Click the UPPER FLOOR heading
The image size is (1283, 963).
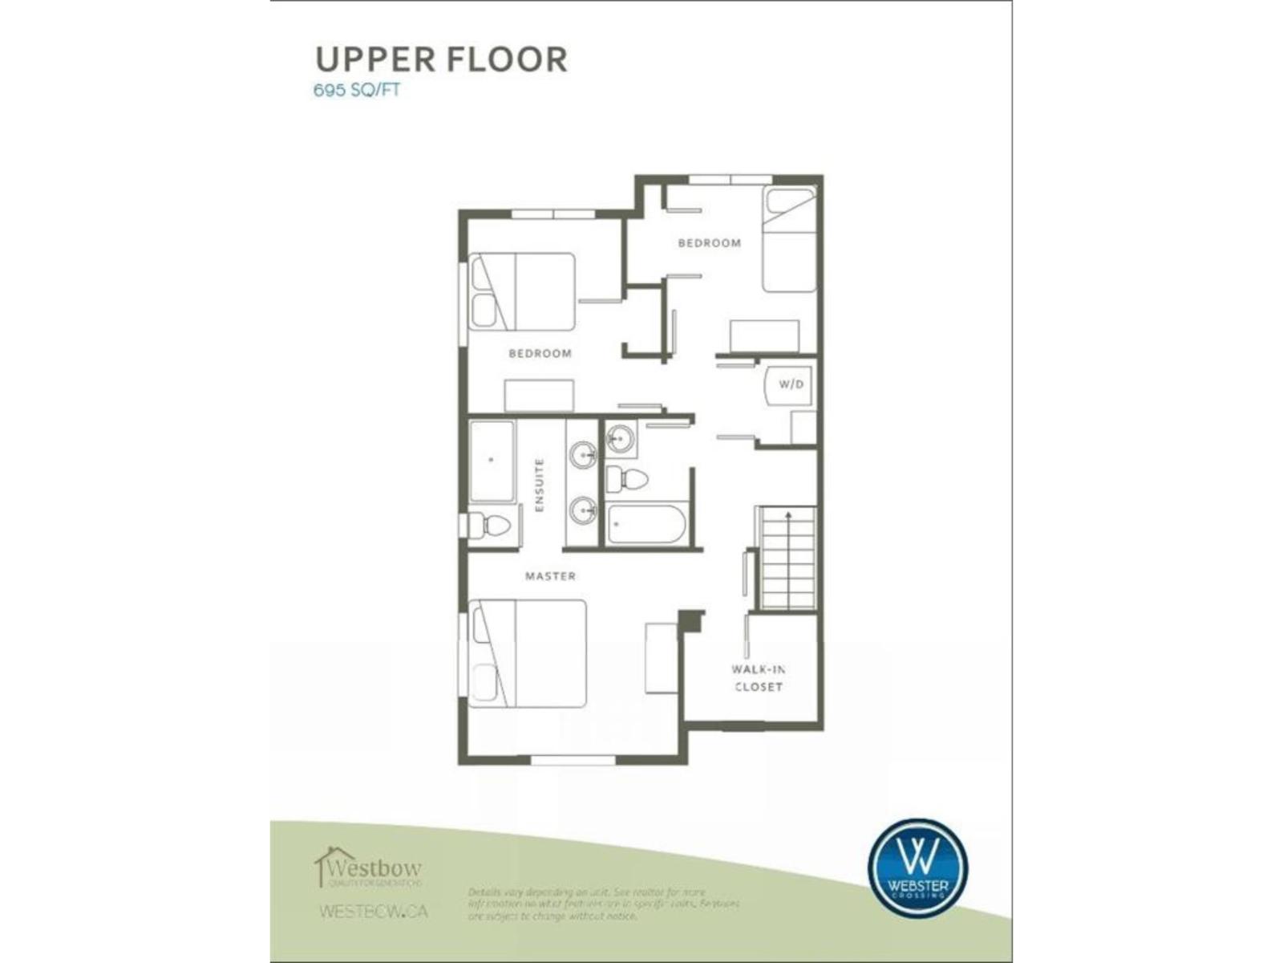[x=441, y=59]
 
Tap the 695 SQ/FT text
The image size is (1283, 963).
[x=356, y=90]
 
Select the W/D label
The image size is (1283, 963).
[x=791, y=384]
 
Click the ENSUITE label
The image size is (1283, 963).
[x=539, y=485]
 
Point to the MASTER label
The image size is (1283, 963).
[x=550, y=576]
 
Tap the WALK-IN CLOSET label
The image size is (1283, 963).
[x=758, y=678]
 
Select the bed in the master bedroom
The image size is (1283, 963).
[x=528, y=653]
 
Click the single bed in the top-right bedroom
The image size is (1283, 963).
[x=789, y=239]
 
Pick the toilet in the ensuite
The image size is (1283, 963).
[x=489, y=526]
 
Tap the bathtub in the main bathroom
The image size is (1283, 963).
[x=646, y=524]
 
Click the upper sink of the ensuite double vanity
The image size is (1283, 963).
[x=583, y=455]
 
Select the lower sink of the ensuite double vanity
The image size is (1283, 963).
[x=583, y=510]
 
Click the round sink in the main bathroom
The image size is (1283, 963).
[x=620, y=439]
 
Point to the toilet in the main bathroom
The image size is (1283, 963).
[x=628, y=480]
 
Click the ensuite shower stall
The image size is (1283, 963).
[x=492, y=461]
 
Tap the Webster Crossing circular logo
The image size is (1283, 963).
[x=917, y=868]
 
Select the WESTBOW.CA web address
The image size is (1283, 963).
[x=373, y=912]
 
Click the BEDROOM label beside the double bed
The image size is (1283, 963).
[x=540, y=353]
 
